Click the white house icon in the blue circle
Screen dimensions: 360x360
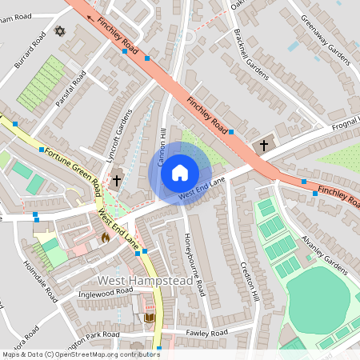[180, 172]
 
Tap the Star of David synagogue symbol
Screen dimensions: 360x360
[58, 31]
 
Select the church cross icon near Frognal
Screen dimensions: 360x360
[265, 146]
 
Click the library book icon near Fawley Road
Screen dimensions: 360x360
[149, 318]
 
